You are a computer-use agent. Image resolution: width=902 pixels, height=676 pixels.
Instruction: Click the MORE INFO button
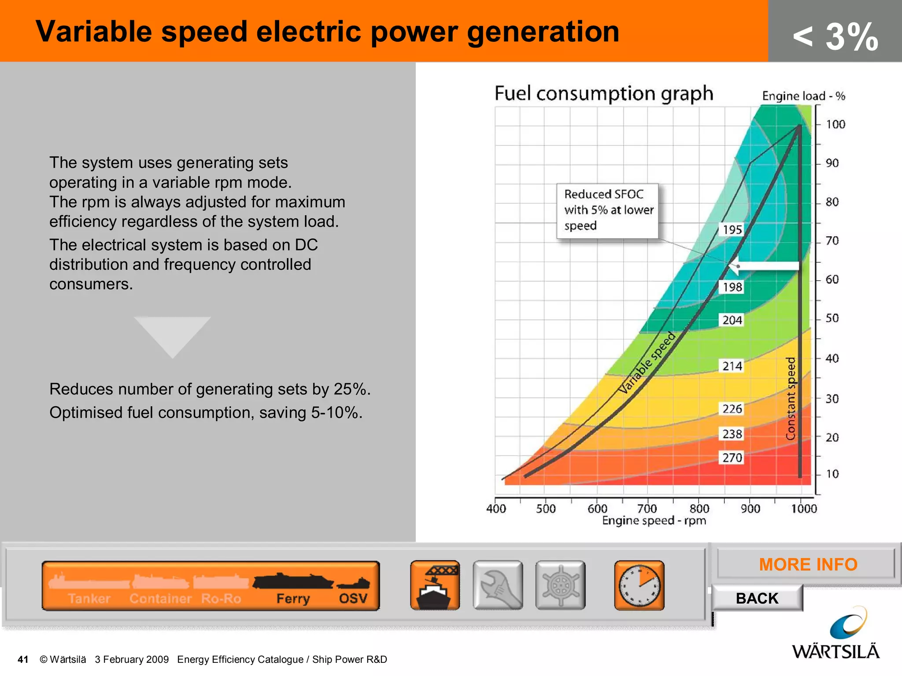[807, 565]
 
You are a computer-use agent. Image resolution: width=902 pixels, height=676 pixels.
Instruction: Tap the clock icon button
[639, 585]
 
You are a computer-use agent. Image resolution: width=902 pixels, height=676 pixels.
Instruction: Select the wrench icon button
[498, 585]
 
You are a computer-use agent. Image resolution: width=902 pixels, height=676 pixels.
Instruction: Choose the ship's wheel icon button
[560, 585]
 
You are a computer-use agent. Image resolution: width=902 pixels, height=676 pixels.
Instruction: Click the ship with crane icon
[435, 585]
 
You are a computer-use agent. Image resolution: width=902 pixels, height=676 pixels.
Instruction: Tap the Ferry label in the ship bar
[293, 599]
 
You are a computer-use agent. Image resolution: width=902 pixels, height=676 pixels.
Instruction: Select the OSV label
[353, 599]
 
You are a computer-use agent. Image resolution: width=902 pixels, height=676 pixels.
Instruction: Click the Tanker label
[89, 599]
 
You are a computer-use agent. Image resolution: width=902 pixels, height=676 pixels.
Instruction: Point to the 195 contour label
[732, 230]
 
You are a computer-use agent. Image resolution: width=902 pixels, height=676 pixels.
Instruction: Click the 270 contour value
[732, 458]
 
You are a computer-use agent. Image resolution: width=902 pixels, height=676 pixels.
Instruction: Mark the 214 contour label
[732, 366]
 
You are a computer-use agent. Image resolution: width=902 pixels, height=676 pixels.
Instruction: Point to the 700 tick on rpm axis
[647, 509]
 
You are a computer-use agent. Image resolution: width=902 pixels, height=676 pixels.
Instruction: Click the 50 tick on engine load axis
[832, 318]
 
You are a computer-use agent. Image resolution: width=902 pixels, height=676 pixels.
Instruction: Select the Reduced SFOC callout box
[607, 211]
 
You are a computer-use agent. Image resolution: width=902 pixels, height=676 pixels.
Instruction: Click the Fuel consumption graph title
[603, 94]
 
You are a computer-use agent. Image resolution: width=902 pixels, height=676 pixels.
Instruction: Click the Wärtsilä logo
[836, 634]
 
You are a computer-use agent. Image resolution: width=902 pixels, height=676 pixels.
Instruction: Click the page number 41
[23, 659]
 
